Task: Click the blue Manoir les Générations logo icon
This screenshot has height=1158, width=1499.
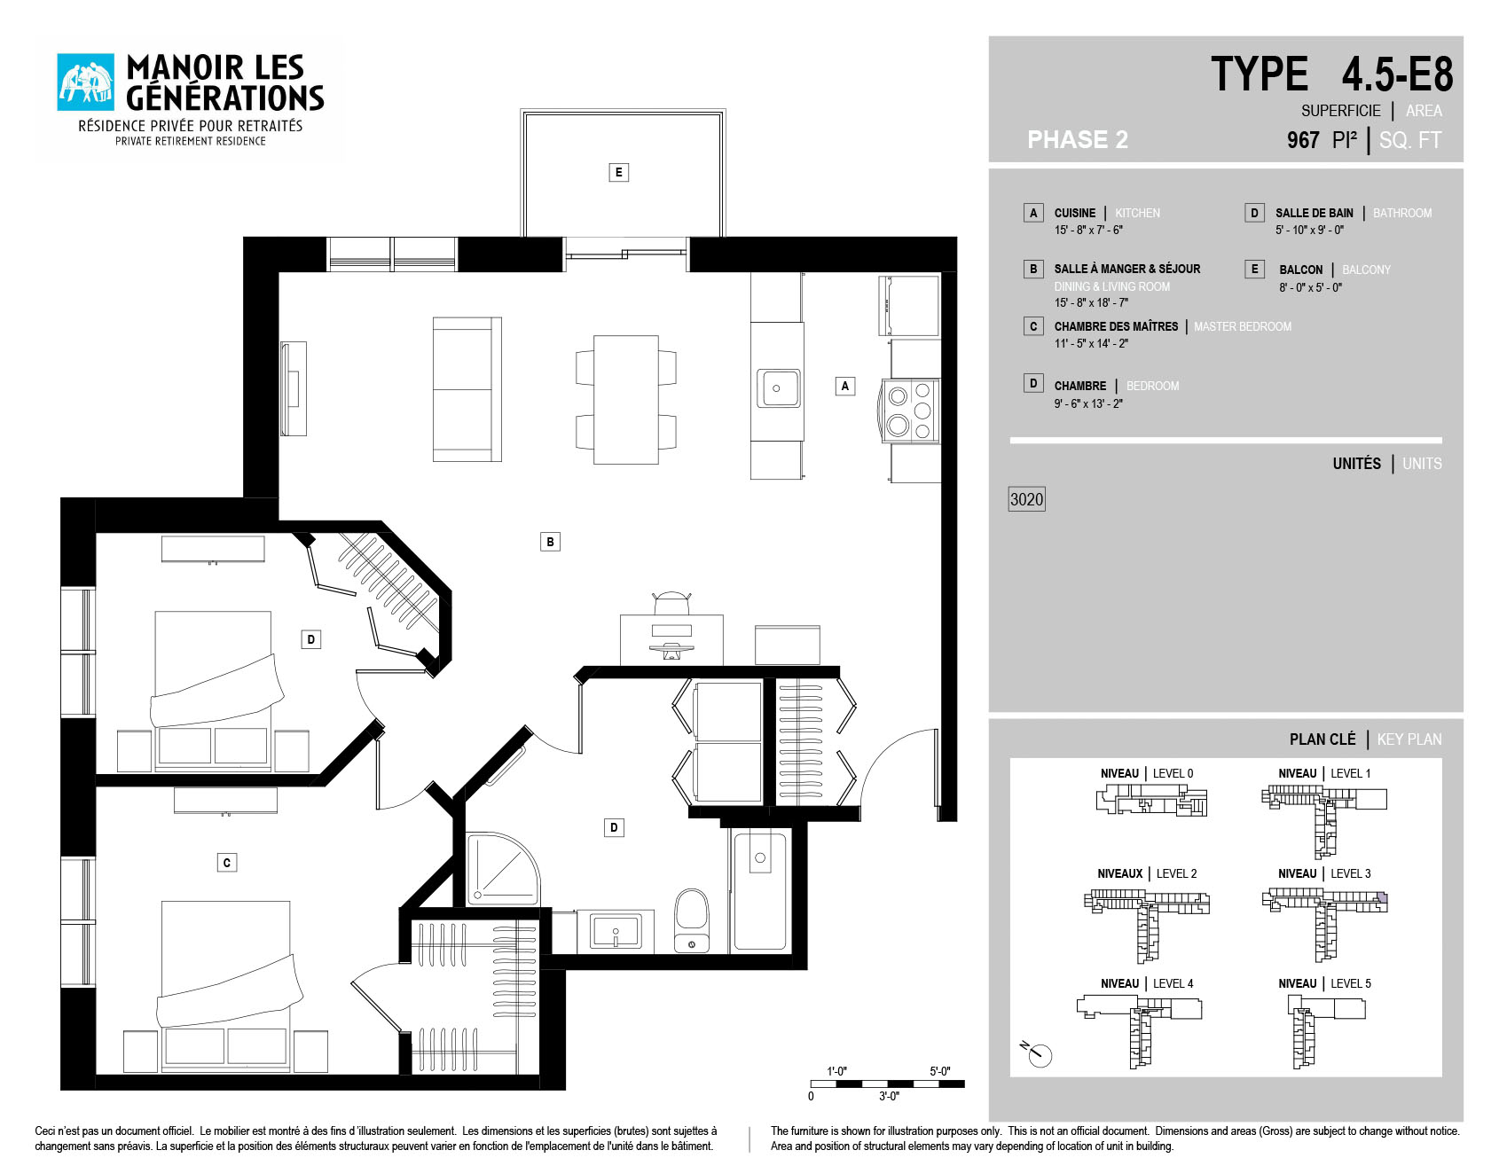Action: tap(86, 82)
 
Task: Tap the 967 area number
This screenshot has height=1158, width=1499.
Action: tap(1303, 140)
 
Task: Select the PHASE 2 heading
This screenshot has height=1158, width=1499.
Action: tap(1078, 139)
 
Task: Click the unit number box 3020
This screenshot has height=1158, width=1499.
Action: tap(1026, 499)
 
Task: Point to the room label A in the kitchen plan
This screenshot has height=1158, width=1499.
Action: tap(845, 386)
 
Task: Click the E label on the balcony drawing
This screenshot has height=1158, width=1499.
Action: tap(619, 172)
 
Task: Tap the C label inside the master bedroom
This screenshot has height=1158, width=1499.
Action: tap(227, 863)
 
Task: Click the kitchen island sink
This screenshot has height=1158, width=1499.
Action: tap(778, 388)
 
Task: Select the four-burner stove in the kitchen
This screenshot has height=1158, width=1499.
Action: tap(910, 411)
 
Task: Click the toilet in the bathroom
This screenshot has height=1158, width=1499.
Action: tap(692, 921)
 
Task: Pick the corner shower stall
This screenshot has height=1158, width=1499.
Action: tap(503, 869)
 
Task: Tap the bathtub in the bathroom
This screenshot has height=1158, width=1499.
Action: tap(760, 890)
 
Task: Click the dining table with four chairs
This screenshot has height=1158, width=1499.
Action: tap(626, 399)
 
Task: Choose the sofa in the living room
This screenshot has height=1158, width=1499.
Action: tap(467, 389)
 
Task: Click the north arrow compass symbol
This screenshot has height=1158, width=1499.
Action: tap(1038, 1054)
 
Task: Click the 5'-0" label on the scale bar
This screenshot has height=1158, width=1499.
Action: tap(939, 1071)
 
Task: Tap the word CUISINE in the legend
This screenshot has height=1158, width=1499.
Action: tap(1075, 213)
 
